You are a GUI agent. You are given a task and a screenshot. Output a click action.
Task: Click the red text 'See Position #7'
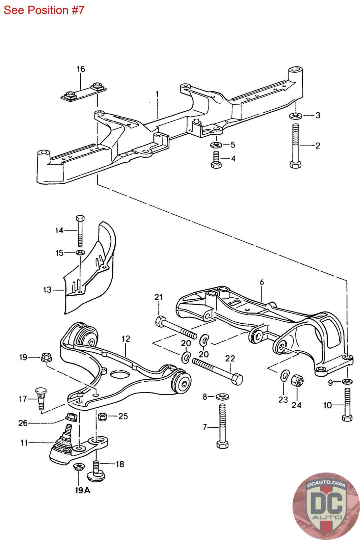pyautogui.click(x=44, y=10)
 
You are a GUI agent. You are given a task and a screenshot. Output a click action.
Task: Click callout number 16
pyautogui.click(x=81, y=69)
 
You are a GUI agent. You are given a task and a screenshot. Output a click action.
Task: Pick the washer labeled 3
pyautogui.click(x=296, y=116)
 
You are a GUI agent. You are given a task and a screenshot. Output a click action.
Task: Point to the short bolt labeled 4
pyautogui.click(x=215, y=159)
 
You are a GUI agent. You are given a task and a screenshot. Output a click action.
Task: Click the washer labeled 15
pyautogui.click(x=80, y=252)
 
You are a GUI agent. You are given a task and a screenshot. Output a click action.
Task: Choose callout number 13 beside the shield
pyautogui.click(x=47, y=289)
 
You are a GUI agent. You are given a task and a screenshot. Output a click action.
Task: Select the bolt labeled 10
pyautogui.click(x=347, y=405)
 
